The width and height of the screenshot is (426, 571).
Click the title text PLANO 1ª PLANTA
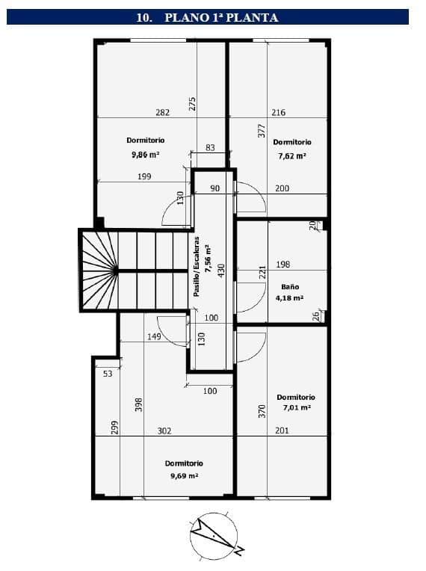coord(221,17)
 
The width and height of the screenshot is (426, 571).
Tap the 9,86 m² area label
coord(145,155)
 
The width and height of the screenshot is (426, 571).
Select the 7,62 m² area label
coord(292,156)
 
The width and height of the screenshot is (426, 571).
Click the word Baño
coord(290,286)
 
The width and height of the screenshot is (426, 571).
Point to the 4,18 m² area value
coord(289,298)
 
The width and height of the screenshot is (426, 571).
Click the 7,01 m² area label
coord(297,407)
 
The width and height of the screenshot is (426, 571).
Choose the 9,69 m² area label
coord(185,475)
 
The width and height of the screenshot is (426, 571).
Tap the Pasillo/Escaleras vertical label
coord(197,267)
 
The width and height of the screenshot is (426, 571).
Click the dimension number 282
coord(162,113)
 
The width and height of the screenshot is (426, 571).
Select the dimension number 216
coord(279,113)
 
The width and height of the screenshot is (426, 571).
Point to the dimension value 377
coord(262,131)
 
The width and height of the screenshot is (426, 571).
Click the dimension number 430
coord(221,271)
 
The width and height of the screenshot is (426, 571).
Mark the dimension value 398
coord(139,404)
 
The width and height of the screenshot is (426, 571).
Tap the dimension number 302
coord(164,430)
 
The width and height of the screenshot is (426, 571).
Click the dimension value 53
coord(108,374)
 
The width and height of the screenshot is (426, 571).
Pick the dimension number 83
coord(210,147)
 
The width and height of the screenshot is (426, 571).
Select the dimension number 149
coord(154,336)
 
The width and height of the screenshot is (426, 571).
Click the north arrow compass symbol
coord(214,535)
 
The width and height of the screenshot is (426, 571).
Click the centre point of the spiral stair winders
coord(116,271)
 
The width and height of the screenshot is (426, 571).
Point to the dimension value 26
coord(316,315)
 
